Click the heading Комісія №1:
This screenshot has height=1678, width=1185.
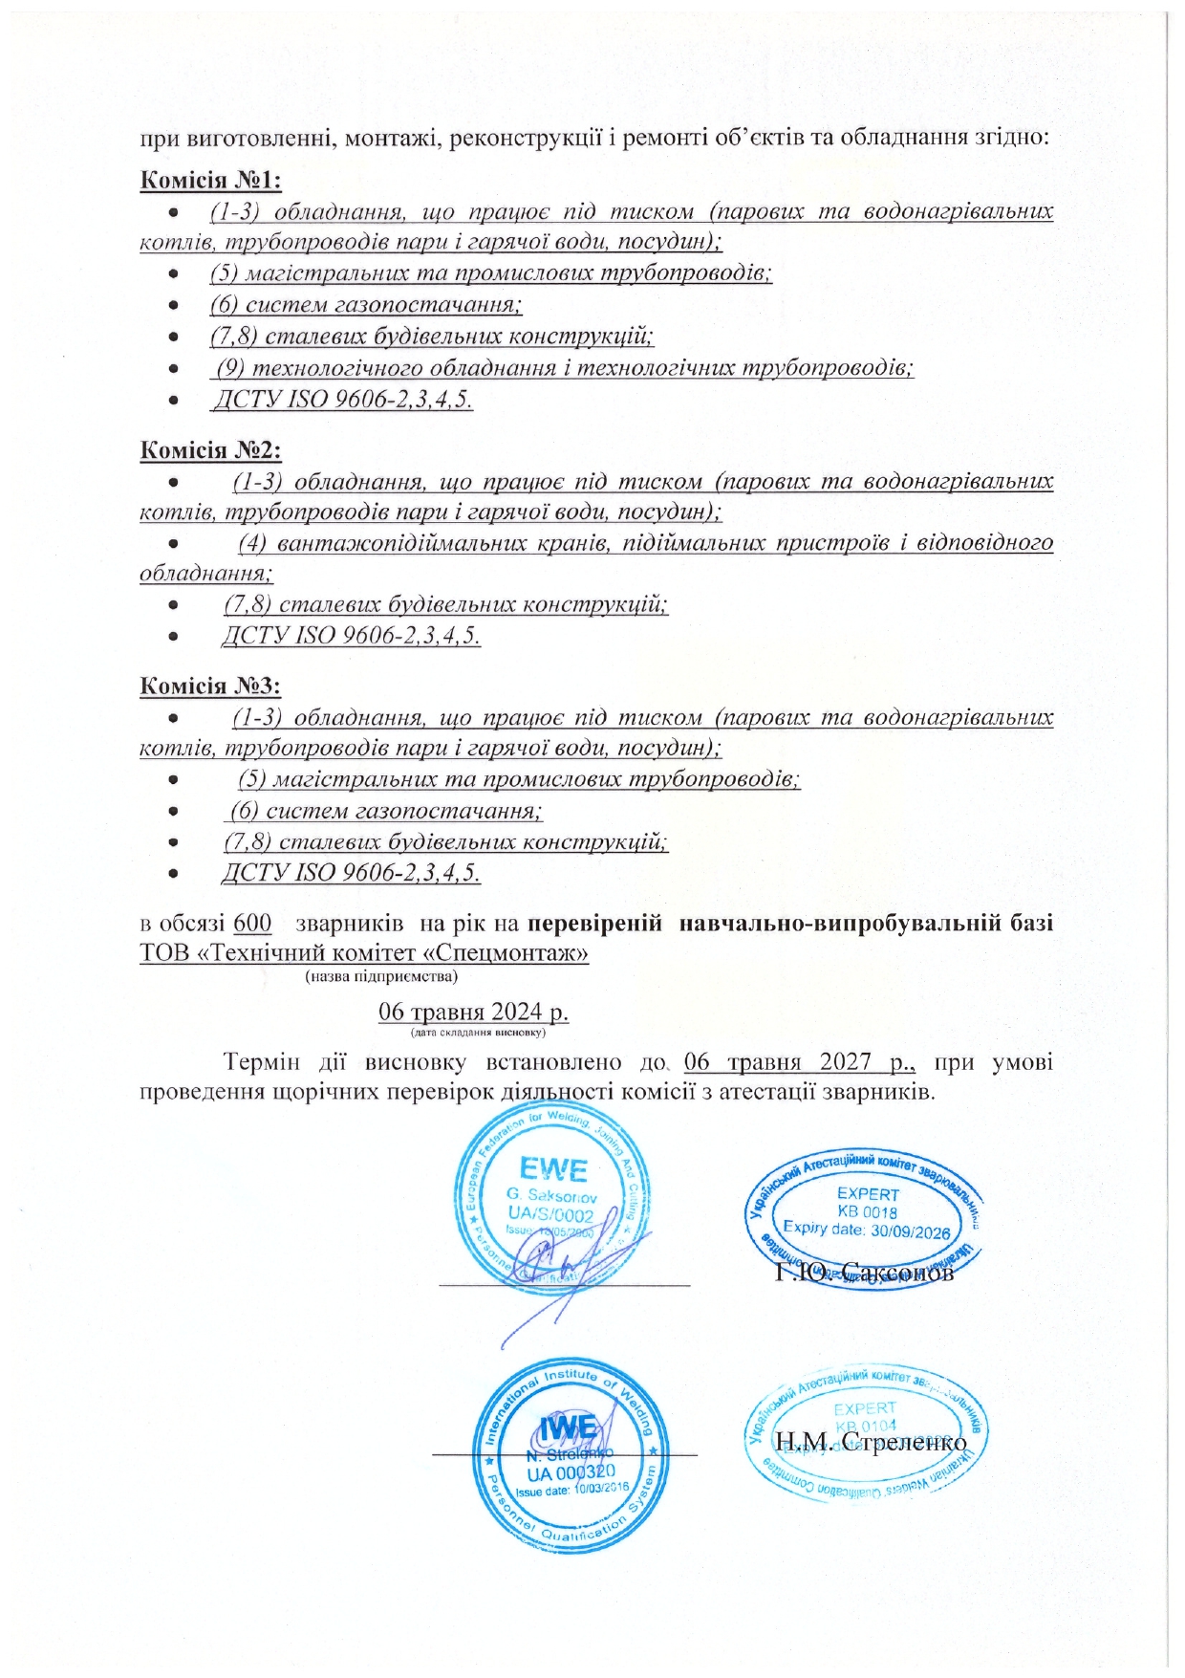(210, 180)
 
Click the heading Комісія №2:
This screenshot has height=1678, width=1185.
(210, 449)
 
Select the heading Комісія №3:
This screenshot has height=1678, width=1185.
(210, 686)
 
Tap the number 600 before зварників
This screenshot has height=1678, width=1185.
(252, 924)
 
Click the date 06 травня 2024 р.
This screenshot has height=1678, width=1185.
(474, 1012)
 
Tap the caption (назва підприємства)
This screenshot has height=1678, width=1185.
(381, 976)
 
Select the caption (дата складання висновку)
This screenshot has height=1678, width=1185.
(478, 1033)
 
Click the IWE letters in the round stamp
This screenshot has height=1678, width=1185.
(569, 1428)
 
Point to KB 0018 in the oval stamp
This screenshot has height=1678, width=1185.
(867, 1212)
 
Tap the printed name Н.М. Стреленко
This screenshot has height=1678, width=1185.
(871, 1442)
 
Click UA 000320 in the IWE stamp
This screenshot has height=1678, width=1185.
(571, 1473)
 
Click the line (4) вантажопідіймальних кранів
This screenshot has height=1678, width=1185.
(645, 543)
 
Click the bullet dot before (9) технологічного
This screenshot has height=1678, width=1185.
(173, 367)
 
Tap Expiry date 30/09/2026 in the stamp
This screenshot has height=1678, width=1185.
(866, 1230)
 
